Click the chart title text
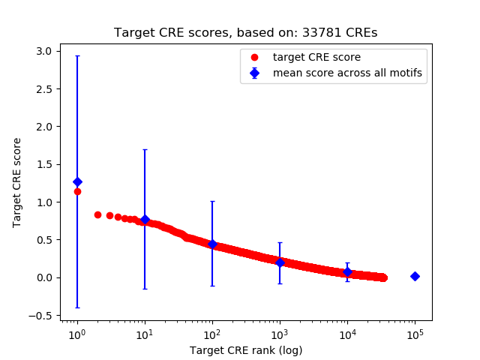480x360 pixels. click(245, 33)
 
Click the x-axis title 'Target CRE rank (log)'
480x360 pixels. click(245, 350)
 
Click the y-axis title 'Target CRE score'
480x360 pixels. click(17, 182)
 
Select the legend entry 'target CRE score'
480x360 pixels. click(316, 57)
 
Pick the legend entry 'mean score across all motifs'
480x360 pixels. click(346, 73)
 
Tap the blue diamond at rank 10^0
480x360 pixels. click(77, 181)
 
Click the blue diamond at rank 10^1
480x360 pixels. click(145, 219)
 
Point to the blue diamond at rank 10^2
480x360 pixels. click(212, 244)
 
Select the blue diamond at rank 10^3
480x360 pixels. click(280, 262)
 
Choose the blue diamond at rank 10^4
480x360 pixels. click(347, 271)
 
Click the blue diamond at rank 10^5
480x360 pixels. click(415, 276)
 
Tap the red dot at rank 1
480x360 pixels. click(77, 191)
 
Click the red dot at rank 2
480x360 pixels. click(97, 214)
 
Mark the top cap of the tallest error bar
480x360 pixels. click(77, 55)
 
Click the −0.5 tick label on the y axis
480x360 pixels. click(41, 315)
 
